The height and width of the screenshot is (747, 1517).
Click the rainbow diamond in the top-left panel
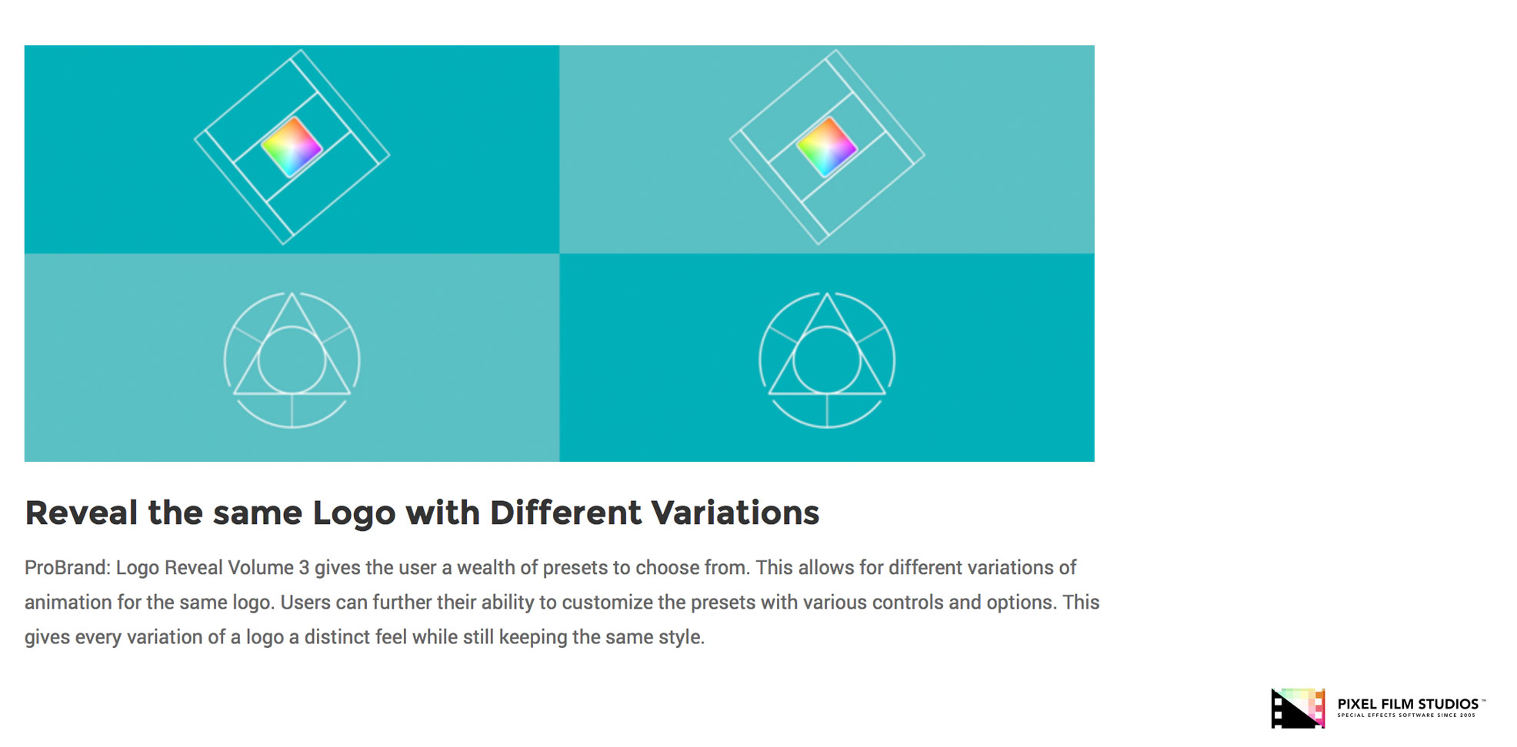(x=292, y=147)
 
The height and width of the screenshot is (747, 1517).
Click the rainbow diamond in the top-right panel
(x=826, y=147)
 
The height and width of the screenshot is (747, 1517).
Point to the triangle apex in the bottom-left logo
(x=292, y=294)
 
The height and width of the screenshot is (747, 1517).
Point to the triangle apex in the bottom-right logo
(x=827, y=294)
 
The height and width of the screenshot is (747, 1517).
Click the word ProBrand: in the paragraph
(x=68, y=568)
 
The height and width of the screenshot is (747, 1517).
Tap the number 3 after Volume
(x=304, y=568)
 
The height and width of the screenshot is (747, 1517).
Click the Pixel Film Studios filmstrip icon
(x=1298, y=708)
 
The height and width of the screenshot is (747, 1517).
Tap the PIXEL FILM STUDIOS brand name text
(x=1408, y=704)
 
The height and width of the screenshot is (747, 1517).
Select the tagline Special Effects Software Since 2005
(x=1406, y=715)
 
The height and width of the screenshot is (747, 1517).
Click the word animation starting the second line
(x=68, y=603)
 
